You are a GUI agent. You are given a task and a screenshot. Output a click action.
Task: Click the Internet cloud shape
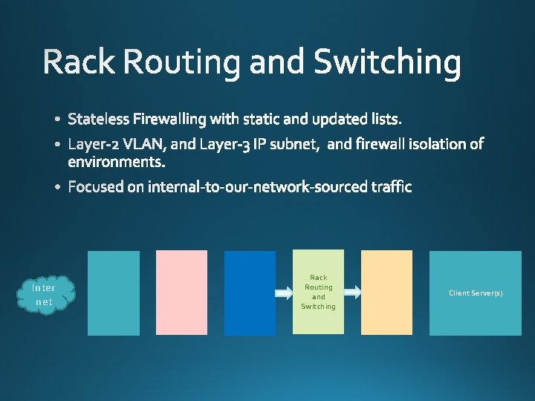click(45, 294)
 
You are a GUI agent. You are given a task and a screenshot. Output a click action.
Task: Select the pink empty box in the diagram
click(181, 293)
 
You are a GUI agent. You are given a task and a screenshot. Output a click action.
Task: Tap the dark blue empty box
click(250, 293)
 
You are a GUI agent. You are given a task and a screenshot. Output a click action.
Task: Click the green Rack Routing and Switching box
click(318, 292)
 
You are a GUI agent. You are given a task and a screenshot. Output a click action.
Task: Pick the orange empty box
click(386, 293)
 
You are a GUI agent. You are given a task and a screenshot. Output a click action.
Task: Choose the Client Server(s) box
click(476, 293)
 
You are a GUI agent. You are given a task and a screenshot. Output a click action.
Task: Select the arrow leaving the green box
click(352, 293)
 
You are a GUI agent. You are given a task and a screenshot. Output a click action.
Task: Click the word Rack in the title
click(80, 62)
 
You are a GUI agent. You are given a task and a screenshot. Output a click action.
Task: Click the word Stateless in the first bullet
click(98, 119)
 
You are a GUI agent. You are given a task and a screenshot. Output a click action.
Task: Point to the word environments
click(117, 161)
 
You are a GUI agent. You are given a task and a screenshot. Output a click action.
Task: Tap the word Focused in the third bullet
click(96, 187)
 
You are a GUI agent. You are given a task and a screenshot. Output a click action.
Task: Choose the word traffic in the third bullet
click(390, 187)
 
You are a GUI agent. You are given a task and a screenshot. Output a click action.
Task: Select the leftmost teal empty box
click(114, 293)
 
